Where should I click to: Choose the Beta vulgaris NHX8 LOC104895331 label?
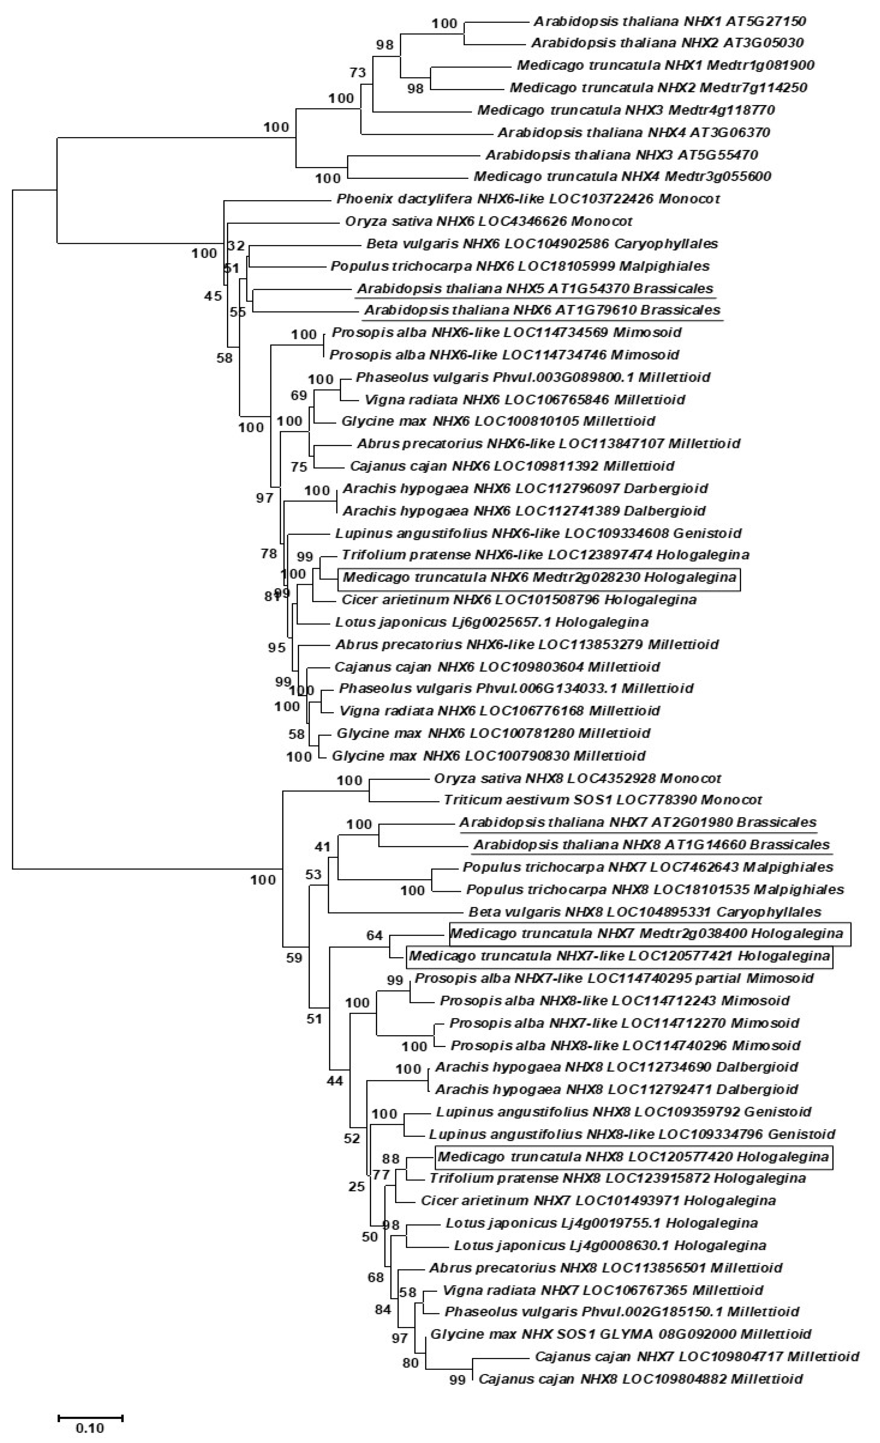(x=645, y=912)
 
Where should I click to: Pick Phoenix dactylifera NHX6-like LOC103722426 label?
(x=527, y=199)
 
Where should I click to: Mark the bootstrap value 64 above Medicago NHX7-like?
(x=374, y=935)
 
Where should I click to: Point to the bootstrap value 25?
(x=357, y=1187)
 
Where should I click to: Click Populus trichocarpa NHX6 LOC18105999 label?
(x=520, y=266)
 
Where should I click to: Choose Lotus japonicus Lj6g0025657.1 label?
(x=491, y=622)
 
